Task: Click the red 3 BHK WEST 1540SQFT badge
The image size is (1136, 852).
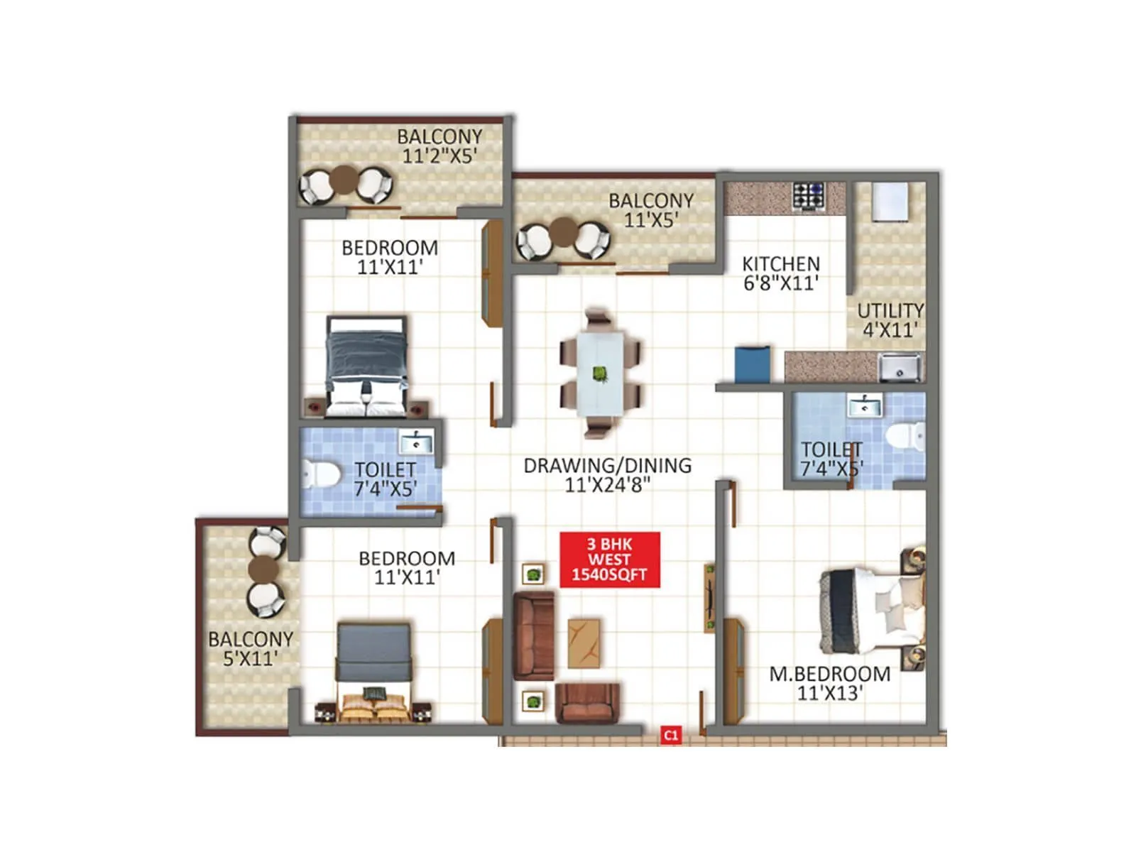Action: [610, 559]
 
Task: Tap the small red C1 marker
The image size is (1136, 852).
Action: [670, 736]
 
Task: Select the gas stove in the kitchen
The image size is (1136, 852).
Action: [809, 196]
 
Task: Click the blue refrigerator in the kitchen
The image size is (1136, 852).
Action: [752, 364]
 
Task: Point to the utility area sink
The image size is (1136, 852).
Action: [900, 368]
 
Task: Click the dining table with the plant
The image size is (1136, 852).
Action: [600, 373]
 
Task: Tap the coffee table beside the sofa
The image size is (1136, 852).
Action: [584, 643]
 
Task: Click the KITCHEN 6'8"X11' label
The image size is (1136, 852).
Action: [780, 273]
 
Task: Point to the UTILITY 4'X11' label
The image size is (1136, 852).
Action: [890, 320]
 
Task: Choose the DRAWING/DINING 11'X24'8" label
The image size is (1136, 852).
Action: [607, 475]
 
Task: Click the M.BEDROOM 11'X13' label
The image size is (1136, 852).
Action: [829, 683]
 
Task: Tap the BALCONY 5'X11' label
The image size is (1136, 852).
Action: [250, 648]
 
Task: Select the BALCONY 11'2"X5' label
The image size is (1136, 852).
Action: [439, 146]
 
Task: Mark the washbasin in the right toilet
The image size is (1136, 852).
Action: [864, 406]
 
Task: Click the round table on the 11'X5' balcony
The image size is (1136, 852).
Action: [564, 232]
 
